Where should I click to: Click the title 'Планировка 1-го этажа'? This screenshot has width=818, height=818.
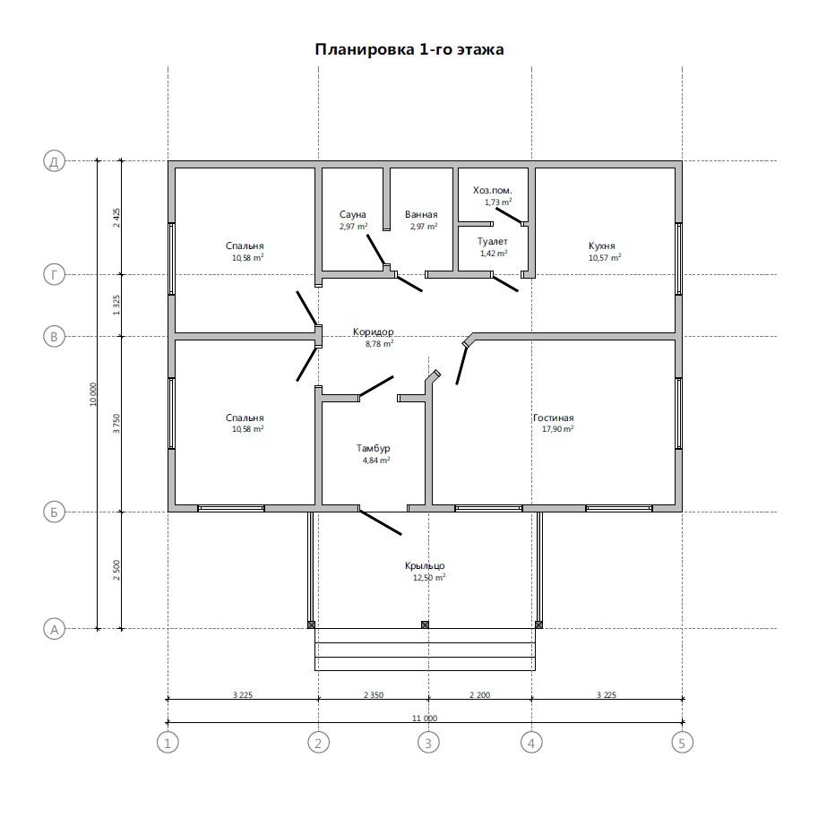(409, 49)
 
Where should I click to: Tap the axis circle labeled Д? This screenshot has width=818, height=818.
(54, 161)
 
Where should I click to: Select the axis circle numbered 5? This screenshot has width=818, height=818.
(682, 742)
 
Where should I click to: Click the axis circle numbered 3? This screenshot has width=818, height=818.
(428, 742)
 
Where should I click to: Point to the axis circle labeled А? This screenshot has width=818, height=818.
(54, 629)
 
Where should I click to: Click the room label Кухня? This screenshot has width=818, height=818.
(601, 245)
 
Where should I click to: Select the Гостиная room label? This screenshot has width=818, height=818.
(554, 418)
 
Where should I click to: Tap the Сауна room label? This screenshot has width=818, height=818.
(353, 214)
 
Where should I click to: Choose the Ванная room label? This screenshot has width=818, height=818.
(421, 214)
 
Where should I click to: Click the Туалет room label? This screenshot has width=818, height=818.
(493, 242)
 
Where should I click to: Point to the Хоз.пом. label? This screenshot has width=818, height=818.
(493, 191)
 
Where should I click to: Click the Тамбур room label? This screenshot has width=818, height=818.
(374, 448)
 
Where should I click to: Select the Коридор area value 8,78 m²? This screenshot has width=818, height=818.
(379, 344)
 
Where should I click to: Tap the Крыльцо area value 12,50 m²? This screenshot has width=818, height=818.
(429, 578)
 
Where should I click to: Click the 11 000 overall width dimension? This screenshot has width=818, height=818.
(425, 719)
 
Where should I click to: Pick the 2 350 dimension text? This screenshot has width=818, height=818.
(374, 695)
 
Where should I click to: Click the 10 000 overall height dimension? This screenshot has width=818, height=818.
(93, 394)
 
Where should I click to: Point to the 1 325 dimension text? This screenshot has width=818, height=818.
(116, 305)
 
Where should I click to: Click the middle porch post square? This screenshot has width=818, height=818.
(425, 624)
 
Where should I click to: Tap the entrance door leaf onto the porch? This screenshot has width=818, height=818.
(380, 522)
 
